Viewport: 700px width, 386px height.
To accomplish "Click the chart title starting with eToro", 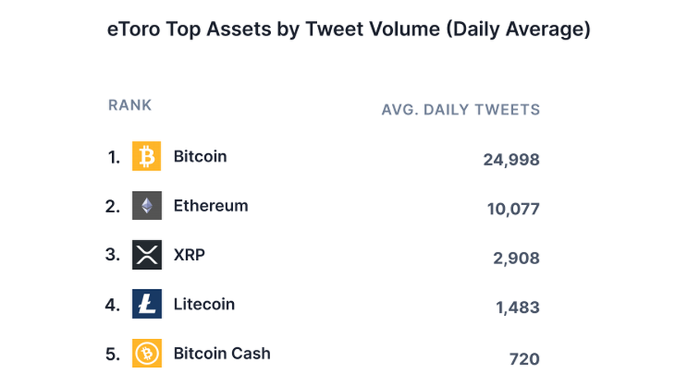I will click(349, 30).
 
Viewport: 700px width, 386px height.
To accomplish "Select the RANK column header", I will click(130, 105).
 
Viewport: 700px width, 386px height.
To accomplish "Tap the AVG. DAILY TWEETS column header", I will click(460, 109).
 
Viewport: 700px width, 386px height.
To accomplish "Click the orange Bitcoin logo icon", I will click(147, 156).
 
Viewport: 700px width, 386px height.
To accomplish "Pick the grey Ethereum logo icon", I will click(147, 206).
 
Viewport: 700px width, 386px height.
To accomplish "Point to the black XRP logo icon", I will click(147, 255).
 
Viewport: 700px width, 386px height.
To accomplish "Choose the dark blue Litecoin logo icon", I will click(147, 305).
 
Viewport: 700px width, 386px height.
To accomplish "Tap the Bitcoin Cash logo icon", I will click(147, 354).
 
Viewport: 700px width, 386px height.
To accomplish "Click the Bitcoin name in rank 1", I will click(200, 156).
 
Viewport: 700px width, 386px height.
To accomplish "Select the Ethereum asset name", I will click(211, 206).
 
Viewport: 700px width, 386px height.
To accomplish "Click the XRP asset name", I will click(189, 255).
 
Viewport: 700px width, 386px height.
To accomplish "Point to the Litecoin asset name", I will click(204, 305).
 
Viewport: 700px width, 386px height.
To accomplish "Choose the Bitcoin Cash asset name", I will click(222, 354).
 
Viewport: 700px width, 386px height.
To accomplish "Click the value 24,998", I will click(511, 160).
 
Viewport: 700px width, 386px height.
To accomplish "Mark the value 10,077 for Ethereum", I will click(513, 209).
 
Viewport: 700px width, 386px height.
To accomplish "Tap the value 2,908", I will click(516, 258).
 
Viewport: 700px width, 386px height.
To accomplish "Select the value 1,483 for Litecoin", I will click(517, 308).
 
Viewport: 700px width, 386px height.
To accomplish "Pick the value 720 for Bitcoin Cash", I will click(525, 359).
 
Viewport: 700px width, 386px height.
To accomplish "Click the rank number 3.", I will click(113, 255).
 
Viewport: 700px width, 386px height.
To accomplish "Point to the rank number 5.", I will click(113, 355).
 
